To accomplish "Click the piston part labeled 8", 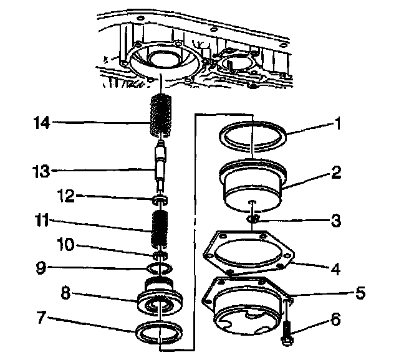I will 160,297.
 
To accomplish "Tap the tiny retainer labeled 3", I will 253,219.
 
